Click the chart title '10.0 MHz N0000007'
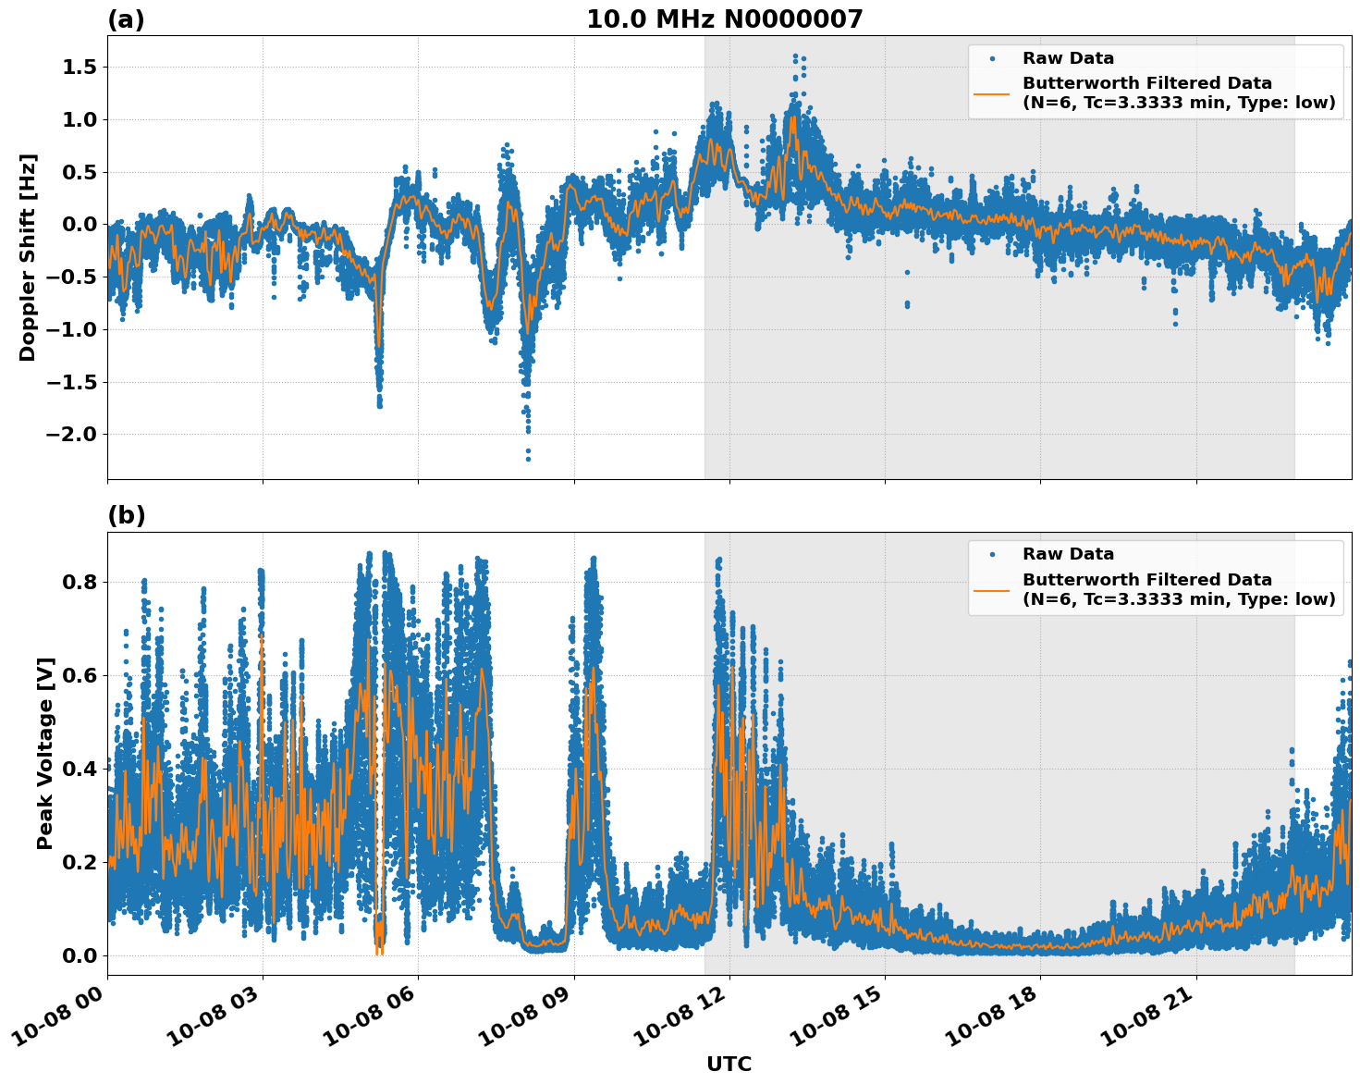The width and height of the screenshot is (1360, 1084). tap(724, 19)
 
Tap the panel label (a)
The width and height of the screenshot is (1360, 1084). tap(126, 19)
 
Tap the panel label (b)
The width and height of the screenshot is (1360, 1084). tap(126, 515)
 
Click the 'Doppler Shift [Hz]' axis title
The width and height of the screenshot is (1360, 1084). tap(28, 257)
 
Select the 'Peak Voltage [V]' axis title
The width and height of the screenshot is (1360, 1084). tap(44, 753)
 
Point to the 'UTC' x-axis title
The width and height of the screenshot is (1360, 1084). tap(729, 1064)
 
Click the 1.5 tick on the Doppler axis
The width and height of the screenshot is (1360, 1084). tap(80, 68)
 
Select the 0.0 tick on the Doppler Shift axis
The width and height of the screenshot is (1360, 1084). tap(80, 225)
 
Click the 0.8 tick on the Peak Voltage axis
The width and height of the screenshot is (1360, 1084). tap(80, 583)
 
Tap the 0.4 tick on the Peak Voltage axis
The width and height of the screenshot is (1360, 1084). tap(80, 770)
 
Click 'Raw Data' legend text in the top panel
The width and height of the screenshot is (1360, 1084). tap(1068, 58)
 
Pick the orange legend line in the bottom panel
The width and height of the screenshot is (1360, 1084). tap(991, 589)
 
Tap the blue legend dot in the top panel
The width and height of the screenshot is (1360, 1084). tap(991, 58)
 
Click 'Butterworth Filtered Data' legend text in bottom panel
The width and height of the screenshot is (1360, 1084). tap(1146, 580)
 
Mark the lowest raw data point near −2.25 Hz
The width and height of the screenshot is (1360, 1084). tap(528, 459)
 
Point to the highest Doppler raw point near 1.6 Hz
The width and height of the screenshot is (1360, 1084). tap(795, 56)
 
